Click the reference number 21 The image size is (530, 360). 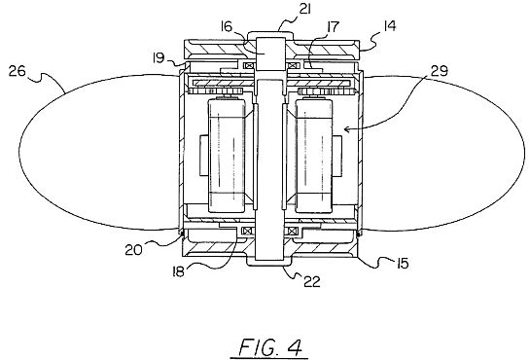click(x=304, y=9)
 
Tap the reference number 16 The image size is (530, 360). click(x=227, y=26)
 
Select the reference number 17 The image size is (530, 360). click(x=333, y=26)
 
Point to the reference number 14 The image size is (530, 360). click(x=390, y=25)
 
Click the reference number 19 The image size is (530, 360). click(x=159, y=57)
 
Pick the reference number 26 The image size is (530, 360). click(x=18, y=71)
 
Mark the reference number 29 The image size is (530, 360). click(x=440, y=71)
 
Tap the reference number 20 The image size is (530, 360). click(x=133, y=250)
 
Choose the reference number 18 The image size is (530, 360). click(x=178, y=271)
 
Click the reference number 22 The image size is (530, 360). click(x=311, y=281)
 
